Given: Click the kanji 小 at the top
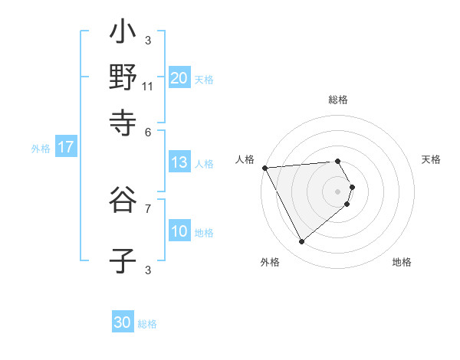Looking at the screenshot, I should [123, 34].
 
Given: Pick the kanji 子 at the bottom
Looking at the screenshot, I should [123, 260].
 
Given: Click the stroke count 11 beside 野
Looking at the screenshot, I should [148, 86].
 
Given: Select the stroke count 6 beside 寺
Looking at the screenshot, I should [148, 131].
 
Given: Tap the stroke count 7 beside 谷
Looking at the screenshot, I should [148, 207].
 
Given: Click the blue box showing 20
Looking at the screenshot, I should [179, 77].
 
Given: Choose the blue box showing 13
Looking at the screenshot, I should [179, 162].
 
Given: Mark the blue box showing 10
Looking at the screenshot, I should [179, 231].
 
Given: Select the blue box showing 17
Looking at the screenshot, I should [65, 147].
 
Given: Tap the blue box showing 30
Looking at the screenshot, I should [123, 322].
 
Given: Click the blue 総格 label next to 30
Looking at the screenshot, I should [147, 324].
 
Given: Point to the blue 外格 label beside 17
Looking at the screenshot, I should [41, 149].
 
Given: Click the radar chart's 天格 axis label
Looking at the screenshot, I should [431, 159].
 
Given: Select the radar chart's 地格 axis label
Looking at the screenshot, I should [402, 262].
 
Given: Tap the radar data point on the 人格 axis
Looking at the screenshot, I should [264, 167].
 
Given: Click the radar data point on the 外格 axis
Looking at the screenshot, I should [301, 242].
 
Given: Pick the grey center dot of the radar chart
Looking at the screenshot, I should [338, 191].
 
